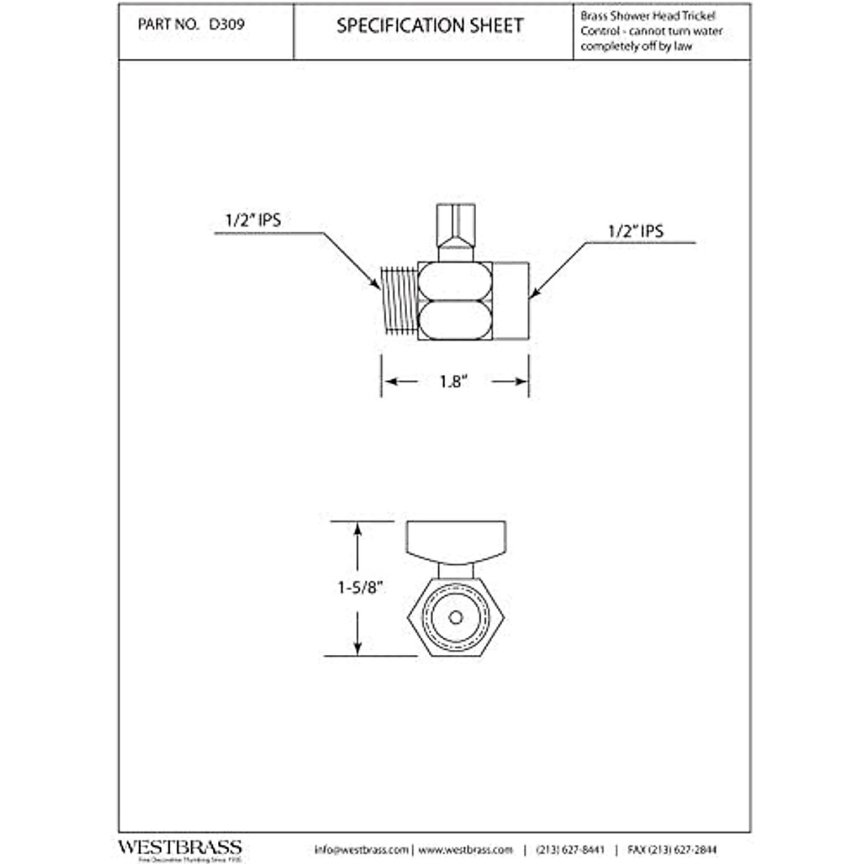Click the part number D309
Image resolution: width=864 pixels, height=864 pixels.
click(x=227, y=24)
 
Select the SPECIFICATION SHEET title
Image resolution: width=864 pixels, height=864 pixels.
click(x=431, y=26)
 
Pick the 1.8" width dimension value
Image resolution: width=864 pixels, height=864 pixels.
click(x=454, y=382)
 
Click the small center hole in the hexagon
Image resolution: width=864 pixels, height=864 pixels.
click(x=455, y=617)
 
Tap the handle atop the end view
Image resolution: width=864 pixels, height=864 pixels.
click(x=455, y=540)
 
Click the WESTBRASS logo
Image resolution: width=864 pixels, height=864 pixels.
click(x=179, y=847)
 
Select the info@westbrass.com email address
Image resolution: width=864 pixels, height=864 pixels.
click(x=361, y=850)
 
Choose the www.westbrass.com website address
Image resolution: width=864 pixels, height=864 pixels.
click(x=466, y=850)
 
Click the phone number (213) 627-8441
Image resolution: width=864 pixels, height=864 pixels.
click(x=571, y=850)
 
